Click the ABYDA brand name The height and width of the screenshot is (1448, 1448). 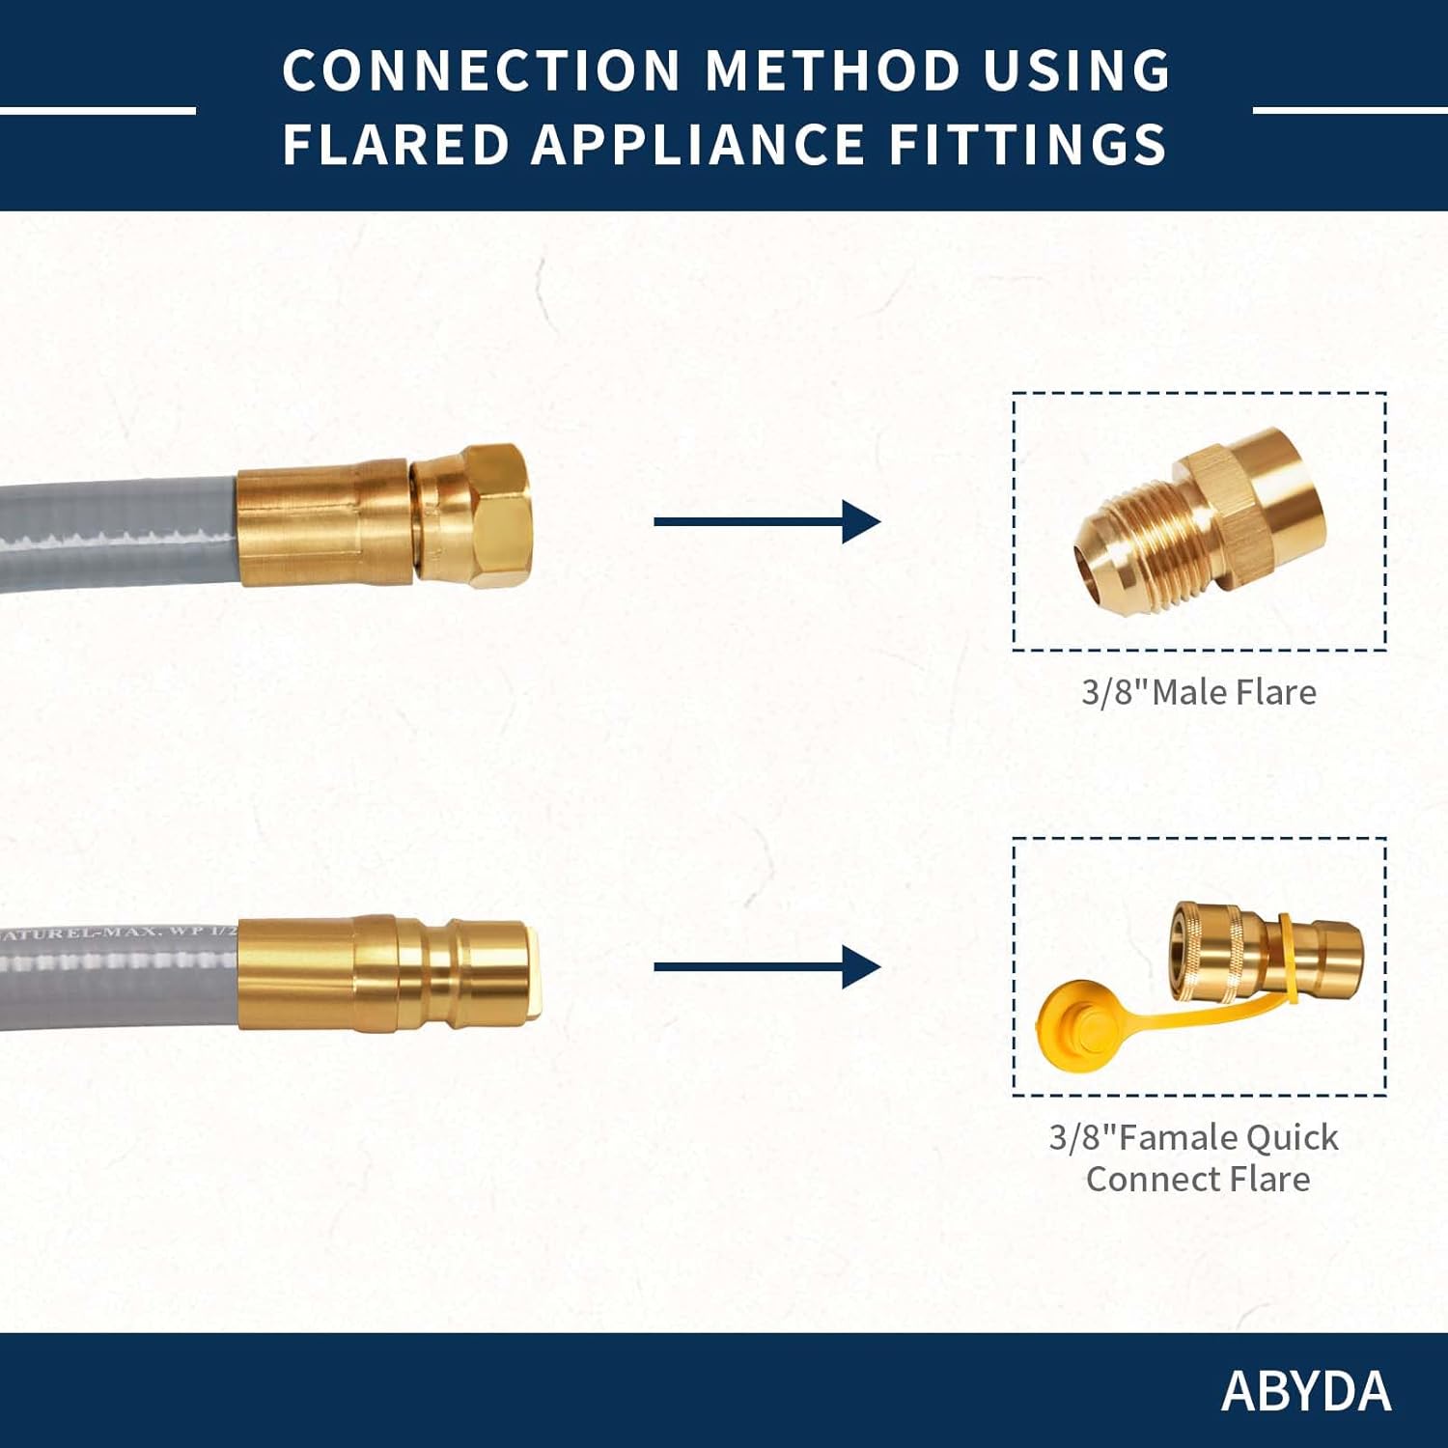click(x=1305, y=1391)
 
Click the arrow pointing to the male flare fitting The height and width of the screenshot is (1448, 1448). click(x=766, y=521)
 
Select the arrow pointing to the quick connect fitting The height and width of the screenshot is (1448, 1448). click(x=766, y=967)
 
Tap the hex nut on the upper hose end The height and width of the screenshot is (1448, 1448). click(x=483, y=512)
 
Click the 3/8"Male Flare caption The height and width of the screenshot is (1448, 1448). click(x=1198, y=692)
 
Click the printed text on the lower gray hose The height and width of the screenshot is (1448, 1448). click(x=116, y=933)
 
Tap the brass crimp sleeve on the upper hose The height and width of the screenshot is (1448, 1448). click(x=323, y=522)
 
